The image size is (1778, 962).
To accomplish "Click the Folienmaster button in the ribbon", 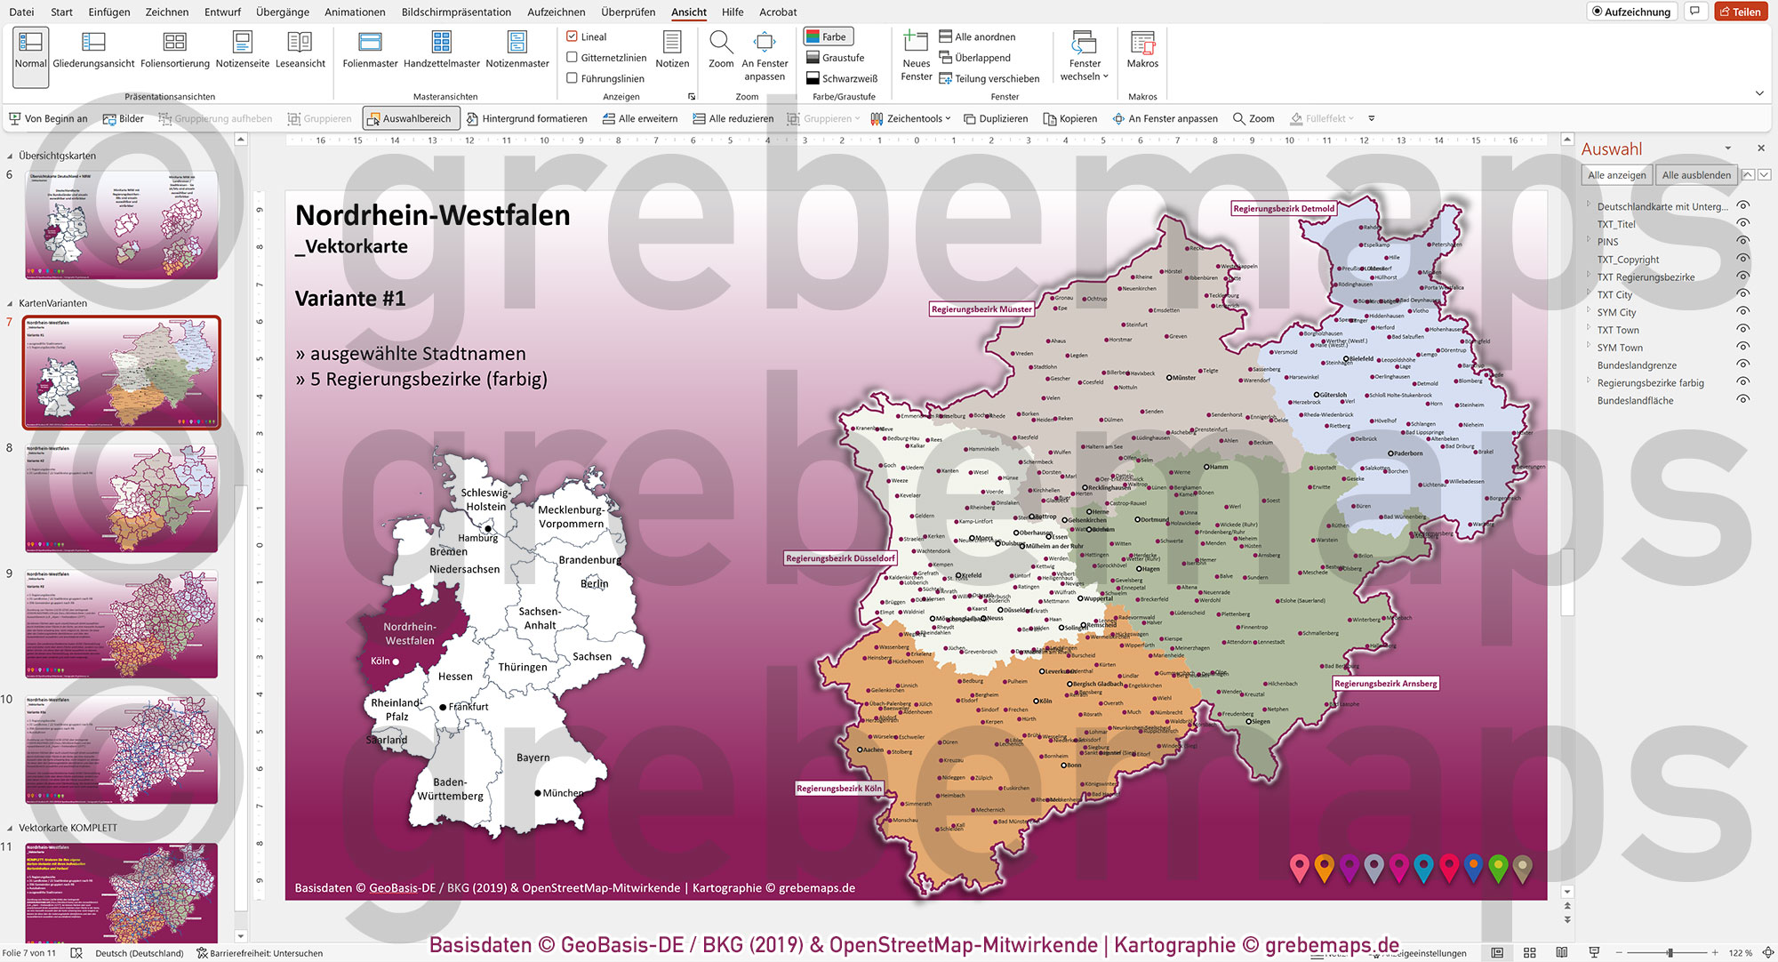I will [370, 51].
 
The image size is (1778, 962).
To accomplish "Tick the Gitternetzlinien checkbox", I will [573, 58].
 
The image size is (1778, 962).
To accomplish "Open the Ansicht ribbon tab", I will [688, 12].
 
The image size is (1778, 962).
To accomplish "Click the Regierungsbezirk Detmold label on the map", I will [1283, 209].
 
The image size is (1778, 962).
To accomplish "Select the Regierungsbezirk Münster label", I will [981, 309].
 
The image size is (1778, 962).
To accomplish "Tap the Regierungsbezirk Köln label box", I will [838, 789].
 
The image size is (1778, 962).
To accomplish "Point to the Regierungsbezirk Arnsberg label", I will [1385, 684].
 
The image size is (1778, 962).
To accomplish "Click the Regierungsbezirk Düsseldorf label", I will [840, 558].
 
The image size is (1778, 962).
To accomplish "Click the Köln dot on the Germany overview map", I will [396, 661].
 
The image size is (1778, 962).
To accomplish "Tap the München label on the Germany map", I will [563, 793].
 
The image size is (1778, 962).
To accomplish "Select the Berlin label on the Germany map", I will [594, 584].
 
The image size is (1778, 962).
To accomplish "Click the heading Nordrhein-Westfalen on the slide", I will [432, 216].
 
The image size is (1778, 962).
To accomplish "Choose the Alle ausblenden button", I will [1695, 175].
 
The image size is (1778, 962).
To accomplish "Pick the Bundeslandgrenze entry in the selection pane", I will [1637, 365].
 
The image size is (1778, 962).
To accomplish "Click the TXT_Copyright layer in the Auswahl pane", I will [1628, 260].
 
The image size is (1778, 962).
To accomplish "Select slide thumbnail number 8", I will [121, 499].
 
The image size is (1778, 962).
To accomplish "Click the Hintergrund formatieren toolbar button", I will [526, 119].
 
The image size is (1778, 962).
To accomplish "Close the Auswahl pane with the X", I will [1760, 148].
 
